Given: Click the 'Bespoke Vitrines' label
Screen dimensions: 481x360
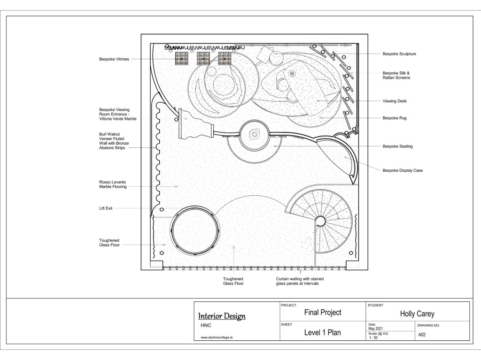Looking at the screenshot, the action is pos(114,59).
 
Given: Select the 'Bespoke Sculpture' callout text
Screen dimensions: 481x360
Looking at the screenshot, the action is pos(399,54).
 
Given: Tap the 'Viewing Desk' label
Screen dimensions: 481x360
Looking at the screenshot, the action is pos(395,101).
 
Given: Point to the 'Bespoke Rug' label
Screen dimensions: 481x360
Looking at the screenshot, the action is pos(395,118).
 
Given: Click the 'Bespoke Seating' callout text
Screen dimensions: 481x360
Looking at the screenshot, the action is pos(397,146).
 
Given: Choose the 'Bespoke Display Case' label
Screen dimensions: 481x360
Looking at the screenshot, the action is pos(403,170).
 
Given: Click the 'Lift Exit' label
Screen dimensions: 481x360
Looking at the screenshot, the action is pos(106,208).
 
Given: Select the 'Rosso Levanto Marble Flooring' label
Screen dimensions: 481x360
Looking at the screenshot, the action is pos(113,184).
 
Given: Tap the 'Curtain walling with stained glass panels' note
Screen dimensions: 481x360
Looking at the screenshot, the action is pos(300,281).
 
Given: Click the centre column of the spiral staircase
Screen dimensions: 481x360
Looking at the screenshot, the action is pos(320,221).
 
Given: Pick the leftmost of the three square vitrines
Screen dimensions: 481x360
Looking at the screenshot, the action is pos(182,58).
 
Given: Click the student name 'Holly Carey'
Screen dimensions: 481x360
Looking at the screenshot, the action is pos(417,314).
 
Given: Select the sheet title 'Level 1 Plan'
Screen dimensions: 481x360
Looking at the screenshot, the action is pos(322,332).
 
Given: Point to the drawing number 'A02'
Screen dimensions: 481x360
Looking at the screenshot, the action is pos(422,335).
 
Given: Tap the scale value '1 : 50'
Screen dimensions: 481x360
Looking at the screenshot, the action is pos(373,337).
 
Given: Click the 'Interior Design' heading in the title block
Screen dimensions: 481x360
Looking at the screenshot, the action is pos(222,316).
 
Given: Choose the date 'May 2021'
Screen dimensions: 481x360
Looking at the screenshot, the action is pos(375,329).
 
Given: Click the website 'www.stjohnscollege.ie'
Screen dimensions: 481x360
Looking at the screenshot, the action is pos(217,337).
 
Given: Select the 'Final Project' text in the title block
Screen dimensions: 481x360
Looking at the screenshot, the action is pos(323,313).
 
